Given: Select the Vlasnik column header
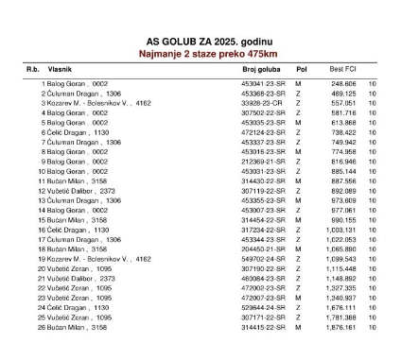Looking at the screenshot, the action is (64, 70).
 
